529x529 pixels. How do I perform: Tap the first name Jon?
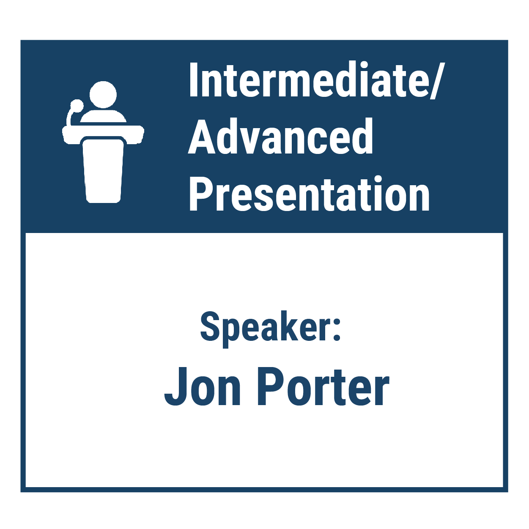coord(202,387)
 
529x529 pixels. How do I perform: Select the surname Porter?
coord(323,387)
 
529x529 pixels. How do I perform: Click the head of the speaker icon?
coord(103,95)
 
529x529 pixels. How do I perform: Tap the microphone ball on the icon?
coord(77,105)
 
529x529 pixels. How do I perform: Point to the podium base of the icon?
coord(103,171)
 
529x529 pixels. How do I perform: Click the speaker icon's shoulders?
coord(103,116)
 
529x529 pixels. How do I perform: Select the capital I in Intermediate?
coord(194,79)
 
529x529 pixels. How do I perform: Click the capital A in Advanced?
coord(202,137)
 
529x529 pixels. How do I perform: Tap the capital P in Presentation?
coord(202,194)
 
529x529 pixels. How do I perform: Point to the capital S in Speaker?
coord(211,326)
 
